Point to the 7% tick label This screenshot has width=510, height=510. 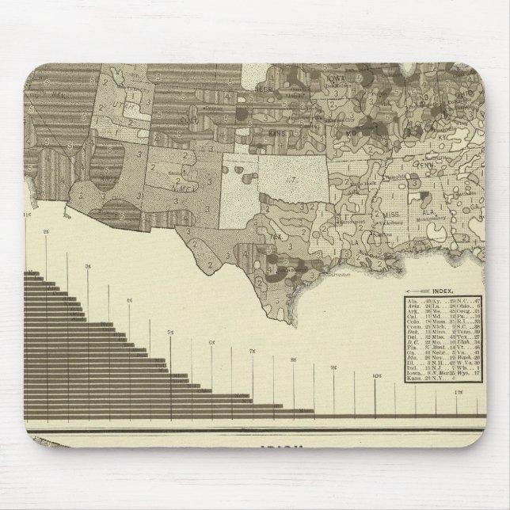[x=253, y=351]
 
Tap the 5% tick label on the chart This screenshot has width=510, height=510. [x=170, y=330]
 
